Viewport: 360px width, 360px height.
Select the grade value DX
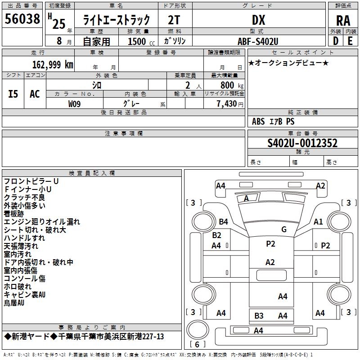(258, 20)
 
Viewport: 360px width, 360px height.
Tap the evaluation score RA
(343, 20)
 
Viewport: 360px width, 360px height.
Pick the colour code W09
(75, 104)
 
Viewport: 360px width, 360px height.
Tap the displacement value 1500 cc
(140, 41)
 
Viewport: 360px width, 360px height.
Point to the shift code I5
(13, 94)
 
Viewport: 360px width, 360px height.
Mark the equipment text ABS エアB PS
(273, 121)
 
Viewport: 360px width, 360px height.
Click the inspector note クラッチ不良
(24, 197)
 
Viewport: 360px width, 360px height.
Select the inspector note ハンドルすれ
(24, 238)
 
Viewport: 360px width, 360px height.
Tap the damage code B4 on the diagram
(223, 221)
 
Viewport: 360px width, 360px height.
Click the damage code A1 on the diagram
(318, 221)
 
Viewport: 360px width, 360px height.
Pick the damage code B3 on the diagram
(259, 315)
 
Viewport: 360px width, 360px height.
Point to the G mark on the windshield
(283, 229)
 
